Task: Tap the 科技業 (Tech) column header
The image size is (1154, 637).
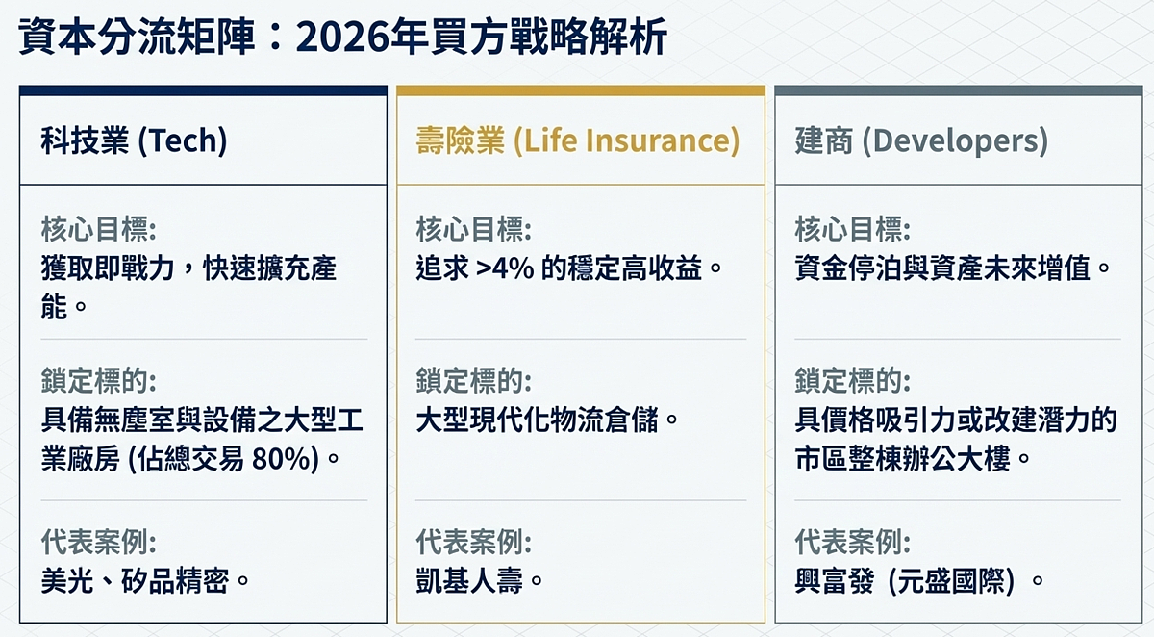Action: [x=134, y=141]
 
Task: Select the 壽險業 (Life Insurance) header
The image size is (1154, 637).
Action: [x=578, y=141]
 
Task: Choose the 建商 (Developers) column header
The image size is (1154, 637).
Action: [x=920, y=141]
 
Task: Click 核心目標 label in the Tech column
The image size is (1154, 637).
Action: [x=98, y=229]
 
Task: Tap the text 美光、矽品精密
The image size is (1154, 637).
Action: [x=145, y=580]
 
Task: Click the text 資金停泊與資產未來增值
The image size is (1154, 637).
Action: [x=952, y=267]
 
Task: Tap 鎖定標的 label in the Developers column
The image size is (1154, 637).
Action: [x=851, y=380]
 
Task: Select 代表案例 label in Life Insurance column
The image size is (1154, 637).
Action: [x=472, y=542]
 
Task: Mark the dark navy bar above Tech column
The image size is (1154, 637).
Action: [x=203, y=90]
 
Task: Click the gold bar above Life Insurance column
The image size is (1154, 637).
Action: [x=581, y=90]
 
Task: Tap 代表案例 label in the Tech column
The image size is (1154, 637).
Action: [x=98, y=542]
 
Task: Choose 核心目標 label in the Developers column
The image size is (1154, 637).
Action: [x=851, y=229]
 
